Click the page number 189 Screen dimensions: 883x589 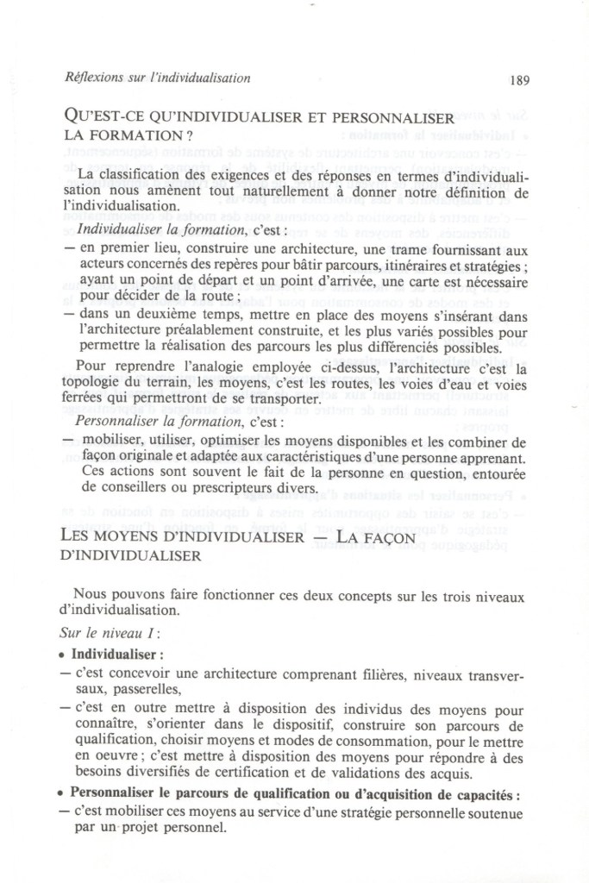click(519, 79)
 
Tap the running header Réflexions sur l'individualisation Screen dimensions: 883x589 click(157, 78)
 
